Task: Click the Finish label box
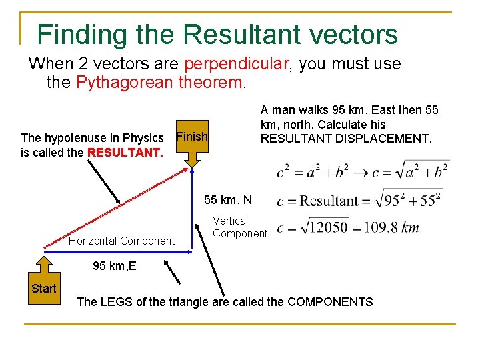[191, 137]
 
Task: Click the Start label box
[44, 289]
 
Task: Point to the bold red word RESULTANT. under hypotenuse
[125, 152]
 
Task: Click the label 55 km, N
[228, 200]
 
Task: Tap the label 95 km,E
[115, 266]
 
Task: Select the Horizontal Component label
[121, 241]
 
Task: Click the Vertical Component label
[239, 227]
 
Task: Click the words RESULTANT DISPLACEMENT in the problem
[346, 139]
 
